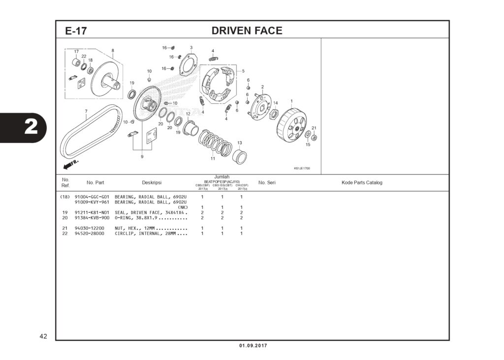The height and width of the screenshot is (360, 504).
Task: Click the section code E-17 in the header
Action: (76, 31)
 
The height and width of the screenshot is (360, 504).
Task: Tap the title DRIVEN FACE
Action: (247, 30)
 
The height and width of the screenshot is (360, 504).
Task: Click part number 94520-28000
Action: (90, 234)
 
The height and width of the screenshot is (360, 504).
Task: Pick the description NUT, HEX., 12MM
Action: (151, 228)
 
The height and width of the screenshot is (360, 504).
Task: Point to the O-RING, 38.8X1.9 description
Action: (151, 217)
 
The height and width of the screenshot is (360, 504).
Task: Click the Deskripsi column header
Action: (152, 183)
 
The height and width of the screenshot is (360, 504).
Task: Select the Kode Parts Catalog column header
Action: (362, 183)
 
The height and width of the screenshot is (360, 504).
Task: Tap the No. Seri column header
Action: (267, 183)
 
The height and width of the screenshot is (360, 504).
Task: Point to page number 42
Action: (43, 336)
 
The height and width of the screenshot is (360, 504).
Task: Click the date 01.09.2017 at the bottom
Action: (253, 346)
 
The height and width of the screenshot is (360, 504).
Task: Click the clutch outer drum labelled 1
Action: (291, 125)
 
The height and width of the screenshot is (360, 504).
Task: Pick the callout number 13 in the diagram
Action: (240, 143)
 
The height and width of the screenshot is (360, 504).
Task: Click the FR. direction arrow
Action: (68, 163)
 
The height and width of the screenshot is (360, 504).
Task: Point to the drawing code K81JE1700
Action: (302, 168)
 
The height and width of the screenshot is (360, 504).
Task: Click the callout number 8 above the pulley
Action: (113, 50)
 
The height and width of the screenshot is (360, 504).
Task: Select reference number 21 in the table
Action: (64, 228)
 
